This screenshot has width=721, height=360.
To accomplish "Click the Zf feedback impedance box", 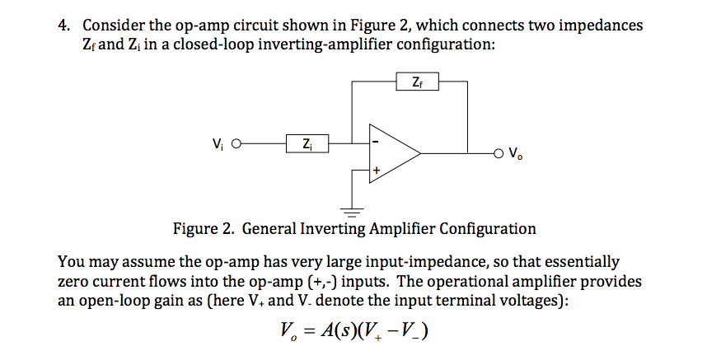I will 417,82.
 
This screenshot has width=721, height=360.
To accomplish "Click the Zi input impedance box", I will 307,145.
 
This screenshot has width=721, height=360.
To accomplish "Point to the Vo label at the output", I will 517,153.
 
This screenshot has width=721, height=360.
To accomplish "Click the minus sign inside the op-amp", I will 376,141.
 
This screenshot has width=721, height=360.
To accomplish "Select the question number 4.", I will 63,26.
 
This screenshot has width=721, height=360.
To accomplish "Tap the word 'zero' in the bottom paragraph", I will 73,282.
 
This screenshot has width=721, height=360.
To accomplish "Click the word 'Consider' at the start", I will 112,26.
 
